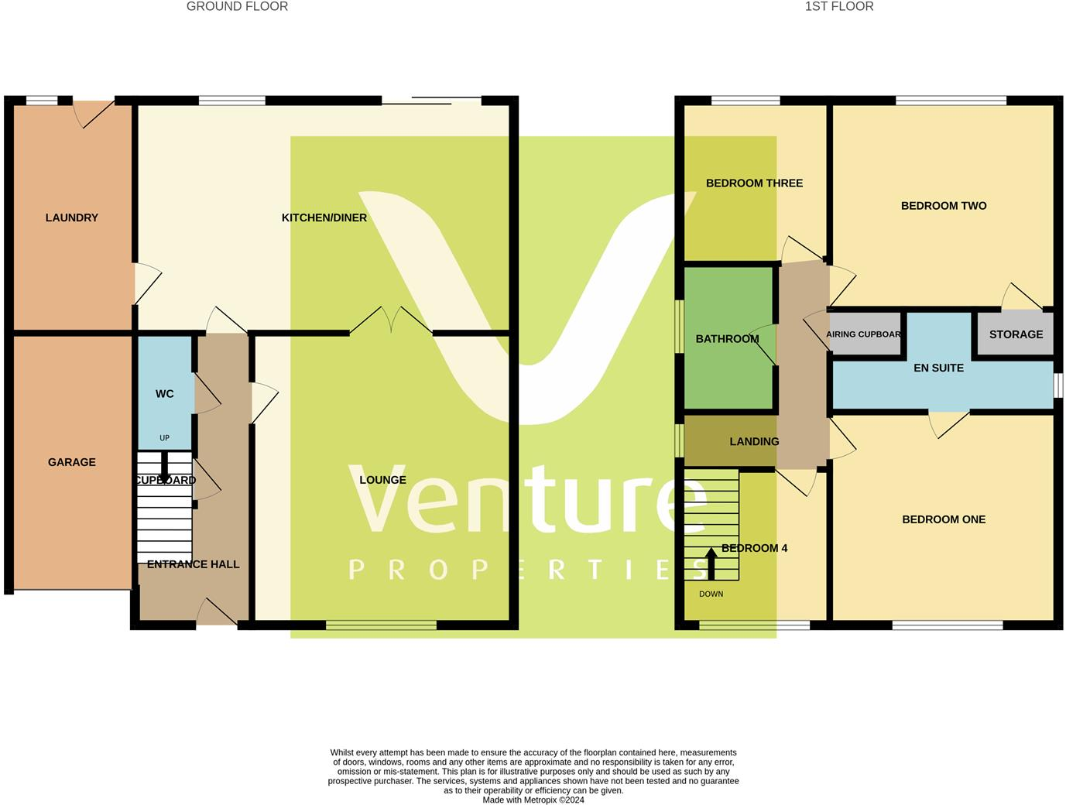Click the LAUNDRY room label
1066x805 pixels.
pyautogui.click(x=72, y=218)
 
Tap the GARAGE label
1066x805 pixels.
pyautogui.click(x=72, y=462)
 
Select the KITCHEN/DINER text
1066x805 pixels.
pyautogui.click(x=324, y=218)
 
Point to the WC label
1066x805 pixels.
pyautogui.click(x=165, y=394)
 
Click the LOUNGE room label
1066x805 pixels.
pyautogui.click(x=382, y=480)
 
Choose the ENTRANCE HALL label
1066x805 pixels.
pyautogui.click(x=193, y=564)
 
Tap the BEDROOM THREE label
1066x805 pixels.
pyautogui.click(x=754, y=183)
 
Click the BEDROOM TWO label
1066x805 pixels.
pyautogui.click(x=944, y=206)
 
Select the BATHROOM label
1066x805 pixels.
pyautogui.click(x=727, y=339)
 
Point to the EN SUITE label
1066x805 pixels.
pyautogui.click(x=938, y=368)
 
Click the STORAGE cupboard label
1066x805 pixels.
pyautogui.click(x=1016, y=334)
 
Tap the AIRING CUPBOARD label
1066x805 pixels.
pyautogui.click(x=863, y=334)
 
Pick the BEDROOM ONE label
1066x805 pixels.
pyautogui.click(x=944, y=519)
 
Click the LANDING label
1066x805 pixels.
pyautogui.click(x=754, y=441)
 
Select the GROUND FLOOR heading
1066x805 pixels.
pyautogui.click(x=237, y=7)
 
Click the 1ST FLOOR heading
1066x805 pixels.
pyautogui.click(x=839, y=7)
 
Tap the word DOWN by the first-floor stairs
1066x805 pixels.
pyautogui.click(x=711, y=594)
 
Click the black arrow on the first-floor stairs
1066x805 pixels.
pyautogui.click(x=711, y=563)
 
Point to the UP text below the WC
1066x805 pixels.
pyautogui.click(x=164, y=438)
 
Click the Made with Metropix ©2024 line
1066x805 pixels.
pyautogui.click(x=533, y=800)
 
